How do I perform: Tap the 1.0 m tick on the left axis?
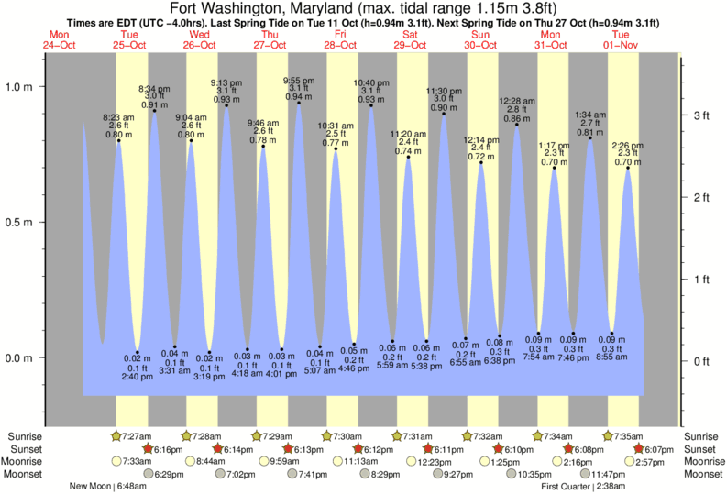point(20,87)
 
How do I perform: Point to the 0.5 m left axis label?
point(20,223)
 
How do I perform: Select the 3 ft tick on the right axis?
point(701,115)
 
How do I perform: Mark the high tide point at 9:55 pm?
point(299,103)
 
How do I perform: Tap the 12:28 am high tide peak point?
point(517,125)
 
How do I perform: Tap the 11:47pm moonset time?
point(607,475)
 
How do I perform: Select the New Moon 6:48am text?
point(106,487)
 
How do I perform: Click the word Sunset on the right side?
point(700,449)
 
